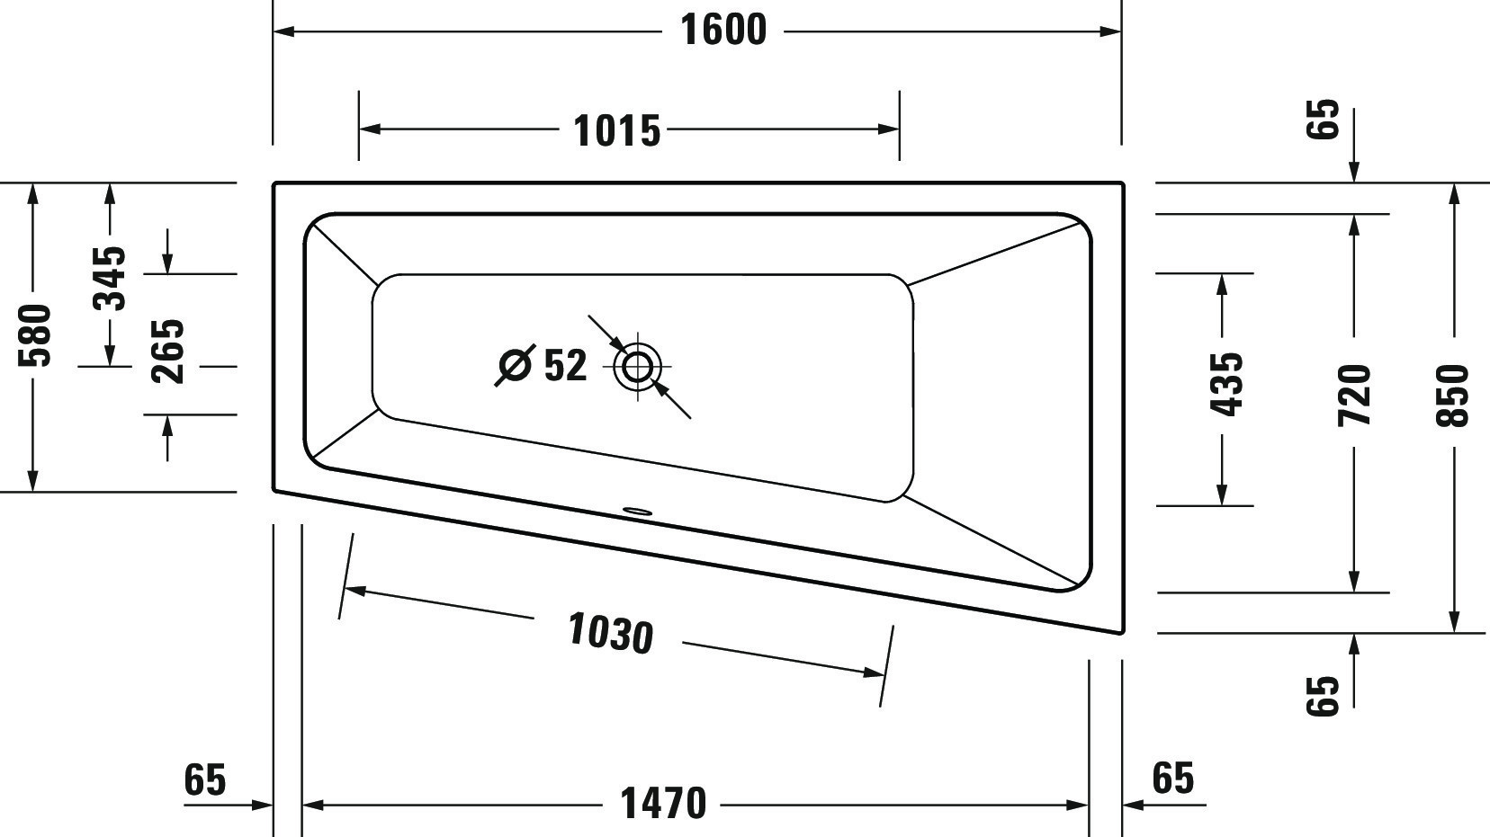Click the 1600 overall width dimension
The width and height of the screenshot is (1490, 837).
pyautogui.click(x=723, y=31)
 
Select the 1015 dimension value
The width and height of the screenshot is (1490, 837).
pyautogui.click(x=617, y=131)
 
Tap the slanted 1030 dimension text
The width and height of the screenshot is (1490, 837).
pyautogui.click(x=610, y=633)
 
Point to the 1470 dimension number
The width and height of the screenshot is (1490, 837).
pyautogui.click(x=664, y=804)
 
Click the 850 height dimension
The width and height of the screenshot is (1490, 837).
pyautogui.click(x=1453, y=395)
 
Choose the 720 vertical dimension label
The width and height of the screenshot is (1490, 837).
pyautogui.click(x=1354, y=395)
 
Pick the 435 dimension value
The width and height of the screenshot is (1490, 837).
pyautogui.click(x=1225, y=384)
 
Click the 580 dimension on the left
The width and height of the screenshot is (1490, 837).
pyautogui.click(x=35, y=335)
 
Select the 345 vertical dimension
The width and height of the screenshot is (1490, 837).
pyautogui.click(x=111, y=277)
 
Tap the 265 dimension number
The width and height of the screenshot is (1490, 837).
pyautogui.click(x=167, y=352)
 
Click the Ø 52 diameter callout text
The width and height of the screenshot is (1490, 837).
pyautogui.click(x=543, y=365)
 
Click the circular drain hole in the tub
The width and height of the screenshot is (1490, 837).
pyautogui.click(x=638, y=367)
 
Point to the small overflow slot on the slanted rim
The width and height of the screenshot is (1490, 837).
pyautogui.click(x=638, y=512)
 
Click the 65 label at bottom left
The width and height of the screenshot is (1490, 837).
pyautogui.click(x=204, y=779)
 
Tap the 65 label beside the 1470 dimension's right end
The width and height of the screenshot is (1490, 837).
pyautogui.click(x=1172, y=779)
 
